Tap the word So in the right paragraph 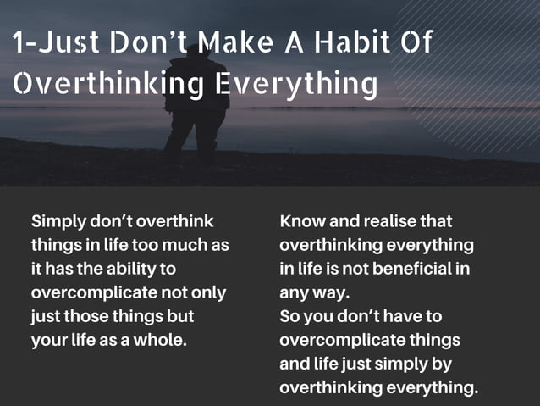[x=289, y=317]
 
